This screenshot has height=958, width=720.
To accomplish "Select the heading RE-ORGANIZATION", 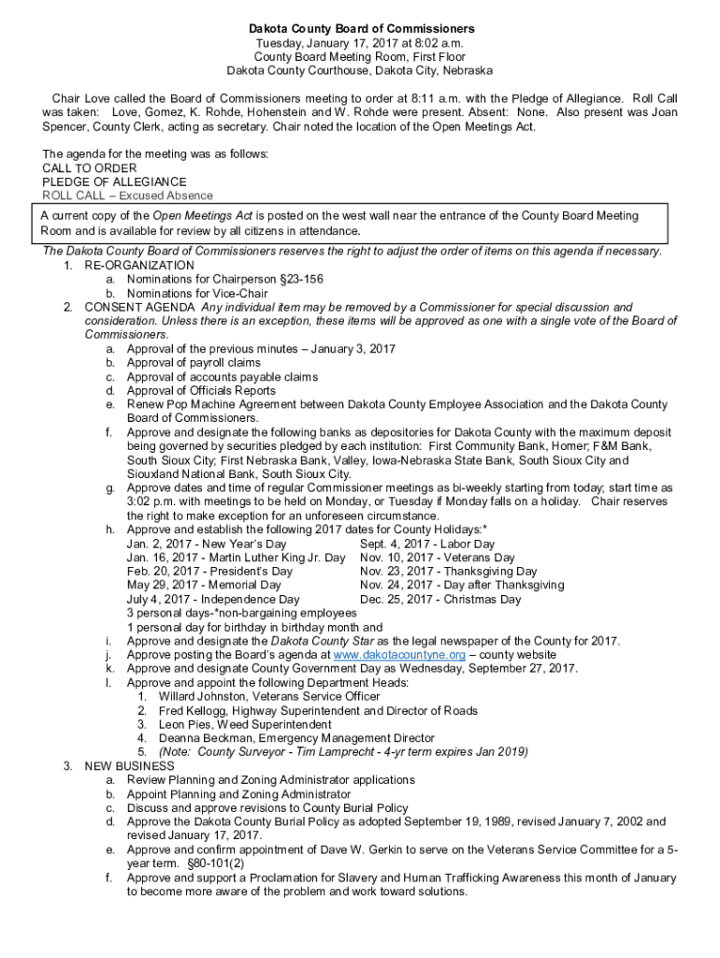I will point(139,266).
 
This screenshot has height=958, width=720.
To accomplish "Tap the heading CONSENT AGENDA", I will point(139,307).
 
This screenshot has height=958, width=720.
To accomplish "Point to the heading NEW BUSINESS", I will point(129,766).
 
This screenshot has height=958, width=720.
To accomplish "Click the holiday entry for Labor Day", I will point(427,544).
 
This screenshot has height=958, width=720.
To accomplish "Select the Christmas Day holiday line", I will point(440,600).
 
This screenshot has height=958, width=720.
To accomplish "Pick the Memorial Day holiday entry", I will point(204,586).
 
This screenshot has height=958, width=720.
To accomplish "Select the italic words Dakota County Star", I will point(316,641).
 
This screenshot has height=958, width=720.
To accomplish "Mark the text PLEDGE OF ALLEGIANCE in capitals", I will point(114,181).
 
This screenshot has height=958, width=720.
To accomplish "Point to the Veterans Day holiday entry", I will point(438,559).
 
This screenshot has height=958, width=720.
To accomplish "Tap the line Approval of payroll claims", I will point(194,363).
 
